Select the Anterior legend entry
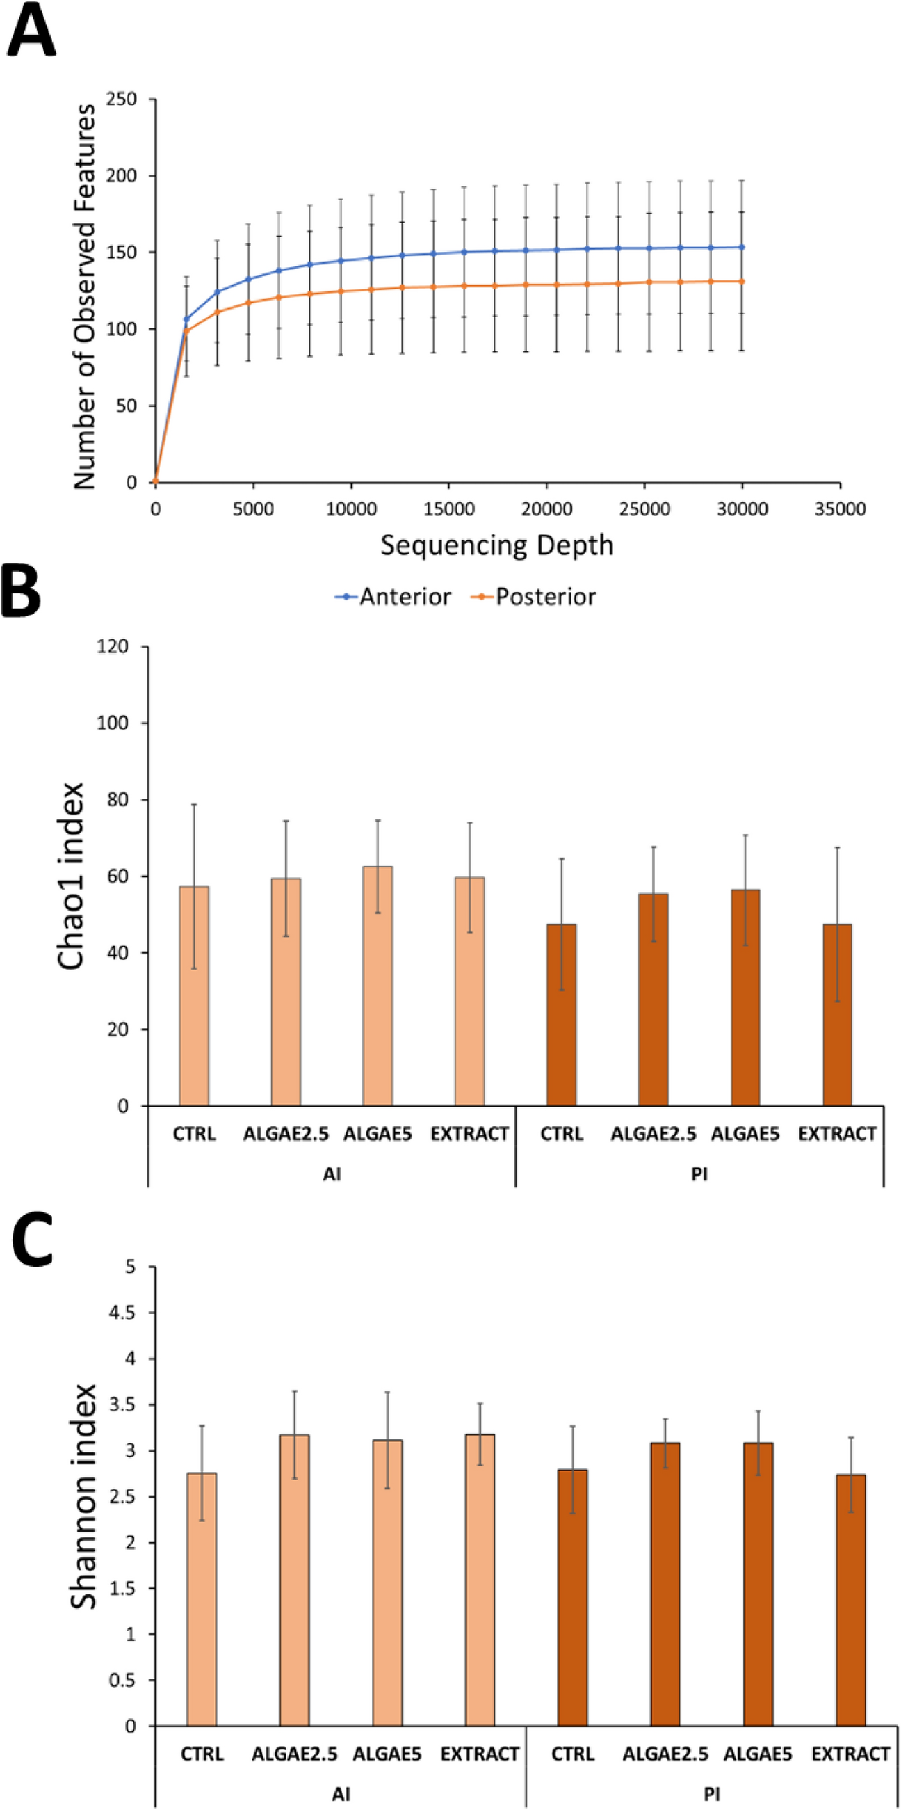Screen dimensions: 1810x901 [x=404, y=597]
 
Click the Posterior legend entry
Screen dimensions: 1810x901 [x=545, y=597]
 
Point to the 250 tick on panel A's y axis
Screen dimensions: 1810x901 [x=122, y=99]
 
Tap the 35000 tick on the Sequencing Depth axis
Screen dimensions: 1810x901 [x=840, y=508]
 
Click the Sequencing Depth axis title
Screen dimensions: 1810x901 [x=496, y=545]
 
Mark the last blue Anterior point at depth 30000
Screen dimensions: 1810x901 [x=742, y=248]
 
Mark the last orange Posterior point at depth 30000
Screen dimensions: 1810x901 [x=742, y=282]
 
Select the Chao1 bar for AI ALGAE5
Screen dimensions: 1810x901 [x=378, y=986]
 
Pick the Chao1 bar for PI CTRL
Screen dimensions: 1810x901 [x=562, y=1015]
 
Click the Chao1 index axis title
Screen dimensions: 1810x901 [x=71, y=876]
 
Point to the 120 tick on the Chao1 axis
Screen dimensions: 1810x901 [x=113, y=646]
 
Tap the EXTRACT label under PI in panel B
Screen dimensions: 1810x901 [x=837, y=1134]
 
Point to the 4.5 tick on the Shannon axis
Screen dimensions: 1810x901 [x=121, y=1313]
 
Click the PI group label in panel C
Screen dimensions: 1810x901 [x=711, y=1795]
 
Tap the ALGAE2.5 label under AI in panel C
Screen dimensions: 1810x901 [x=294, y=1754]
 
